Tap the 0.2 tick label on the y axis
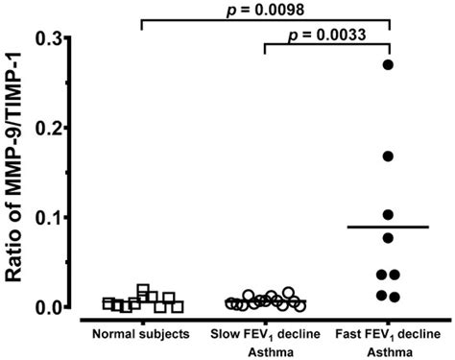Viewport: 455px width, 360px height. [x=48, y=128]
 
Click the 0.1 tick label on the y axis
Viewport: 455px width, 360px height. [x=48, y=218]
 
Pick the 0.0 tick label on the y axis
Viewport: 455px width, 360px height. [x=48, y=307]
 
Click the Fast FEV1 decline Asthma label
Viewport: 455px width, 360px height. [x=388, y=342]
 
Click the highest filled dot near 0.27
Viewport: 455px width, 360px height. [x=389, y=64]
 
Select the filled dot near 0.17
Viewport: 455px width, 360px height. [x=389, y=156]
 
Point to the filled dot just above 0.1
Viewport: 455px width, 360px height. [x=389, y=215]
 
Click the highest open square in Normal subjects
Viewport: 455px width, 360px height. [x=143, y=290]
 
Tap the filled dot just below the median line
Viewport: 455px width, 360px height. [x=389, y=237]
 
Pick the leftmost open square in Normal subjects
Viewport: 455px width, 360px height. [x=108, y=303]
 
